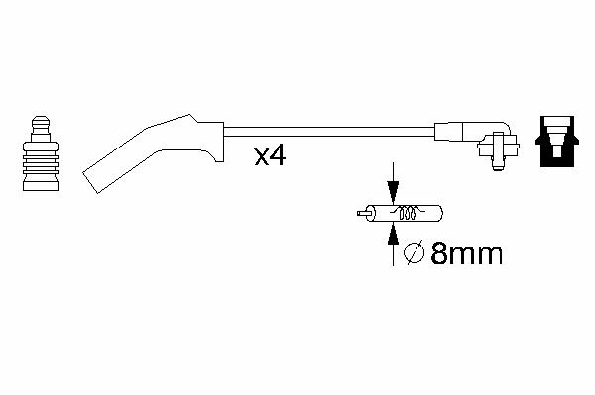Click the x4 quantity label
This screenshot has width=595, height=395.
[x=270, y=156]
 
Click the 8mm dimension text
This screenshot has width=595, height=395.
[x=467, y=253]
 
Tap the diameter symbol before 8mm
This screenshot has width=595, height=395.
[x=414, y=253]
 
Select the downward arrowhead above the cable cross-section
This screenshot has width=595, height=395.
[x=393, y=192]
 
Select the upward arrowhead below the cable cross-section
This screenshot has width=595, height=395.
[x=393, y=233]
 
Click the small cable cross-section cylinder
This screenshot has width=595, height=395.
[x=405, y=213]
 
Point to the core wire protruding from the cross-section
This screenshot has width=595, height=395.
[x=362, y=213]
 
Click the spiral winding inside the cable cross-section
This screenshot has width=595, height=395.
[x=408, y=213]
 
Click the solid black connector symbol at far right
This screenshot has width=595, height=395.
[x=557, y=142]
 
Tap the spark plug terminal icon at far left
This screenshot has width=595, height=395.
[x=41, y=153]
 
